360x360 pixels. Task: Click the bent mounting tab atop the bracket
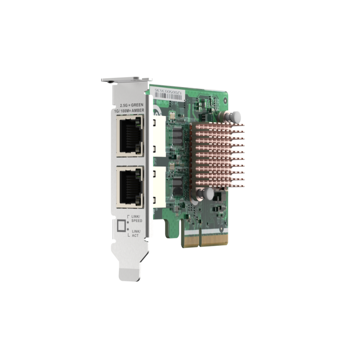pos(115,81)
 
